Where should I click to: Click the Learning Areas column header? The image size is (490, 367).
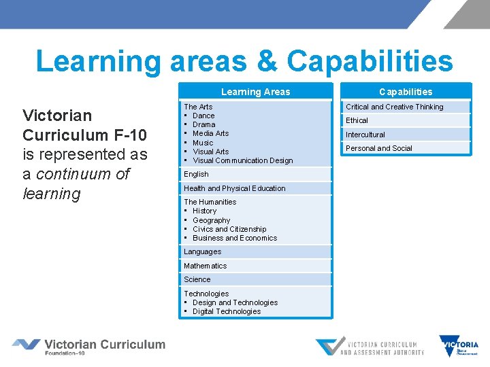(x=255, y=92)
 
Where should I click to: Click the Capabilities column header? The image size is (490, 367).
(x=406, y=92)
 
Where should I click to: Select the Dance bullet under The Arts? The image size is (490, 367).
(x=203, y=116)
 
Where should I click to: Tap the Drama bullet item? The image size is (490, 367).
(x=203, y=124)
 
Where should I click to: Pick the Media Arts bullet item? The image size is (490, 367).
(x=210, y=133)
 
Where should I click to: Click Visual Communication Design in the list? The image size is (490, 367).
(x=242, y=160)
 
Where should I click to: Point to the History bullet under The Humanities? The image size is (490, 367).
(x=204, y=211)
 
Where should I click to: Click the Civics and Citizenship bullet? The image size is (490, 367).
(x=229, y=229)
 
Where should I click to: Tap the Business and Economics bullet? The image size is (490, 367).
(x=235, y=238)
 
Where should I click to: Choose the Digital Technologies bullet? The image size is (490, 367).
(x=227, y=311)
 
